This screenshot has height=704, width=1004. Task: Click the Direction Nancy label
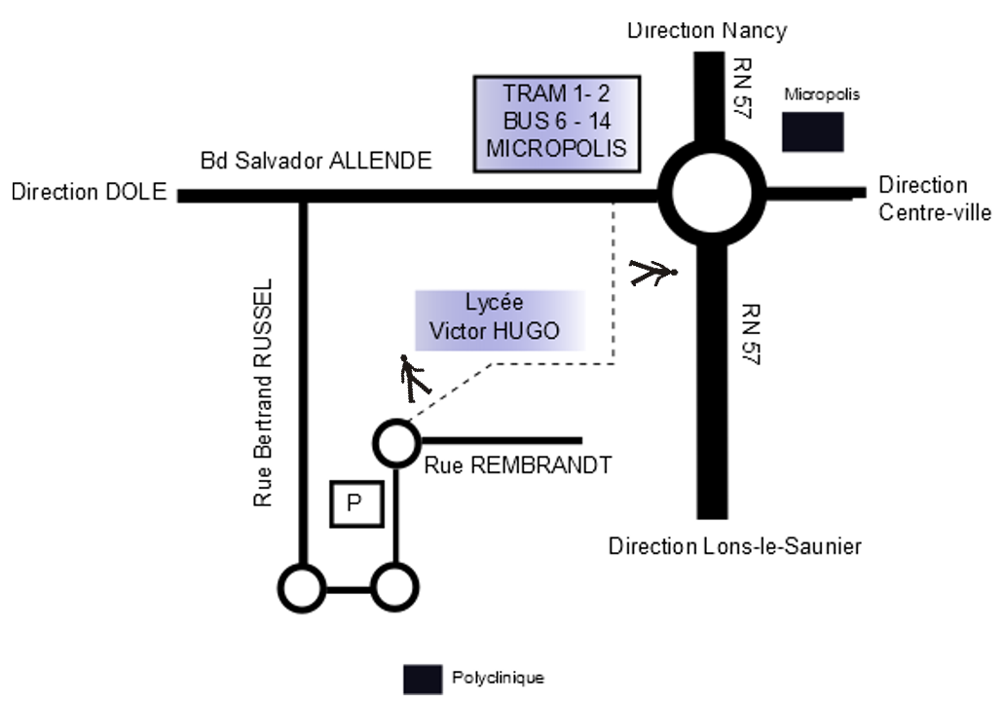[x=706, y=30]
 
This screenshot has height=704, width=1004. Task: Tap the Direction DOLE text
[x=90, y=192]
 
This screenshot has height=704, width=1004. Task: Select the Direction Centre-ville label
[x=934, y=199]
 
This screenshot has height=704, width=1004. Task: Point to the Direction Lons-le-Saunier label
[x=735, y=545]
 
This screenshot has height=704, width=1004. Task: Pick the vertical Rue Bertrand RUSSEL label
[x=264, y=394]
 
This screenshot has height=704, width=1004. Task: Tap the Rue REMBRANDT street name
[x=518, y=465]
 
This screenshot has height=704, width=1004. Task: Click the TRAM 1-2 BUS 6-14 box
[x=557, y=123]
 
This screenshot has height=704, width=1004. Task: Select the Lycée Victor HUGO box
[x=501, y=319]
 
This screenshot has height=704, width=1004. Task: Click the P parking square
[x=355, y=502]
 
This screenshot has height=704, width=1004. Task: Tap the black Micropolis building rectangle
[x=813, y=132]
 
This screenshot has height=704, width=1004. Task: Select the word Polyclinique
[x=498, y=678]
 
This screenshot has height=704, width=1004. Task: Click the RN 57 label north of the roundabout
[x=743, y=88]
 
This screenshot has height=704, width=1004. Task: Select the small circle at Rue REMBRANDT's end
[x=395, y=441]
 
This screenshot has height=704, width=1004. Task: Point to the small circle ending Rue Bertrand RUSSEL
[x=303, y=588]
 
